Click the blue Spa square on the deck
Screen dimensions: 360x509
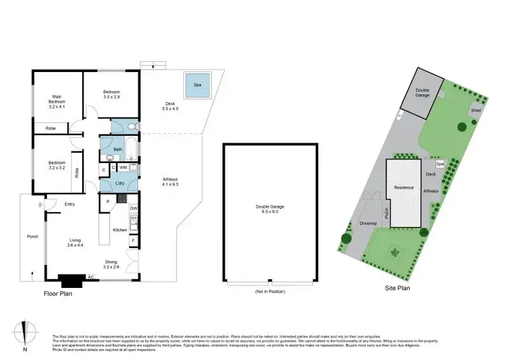[197, 85]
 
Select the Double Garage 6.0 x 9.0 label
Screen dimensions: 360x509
[269, 210]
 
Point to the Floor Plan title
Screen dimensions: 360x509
[58, 293]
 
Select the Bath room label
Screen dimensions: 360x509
[117, 149]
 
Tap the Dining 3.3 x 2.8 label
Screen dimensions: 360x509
[111, 265]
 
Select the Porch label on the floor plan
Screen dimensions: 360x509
[32, 237]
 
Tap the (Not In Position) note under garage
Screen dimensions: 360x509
[269, 292]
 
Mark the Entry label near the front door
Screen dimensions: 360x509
[70, 204]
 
